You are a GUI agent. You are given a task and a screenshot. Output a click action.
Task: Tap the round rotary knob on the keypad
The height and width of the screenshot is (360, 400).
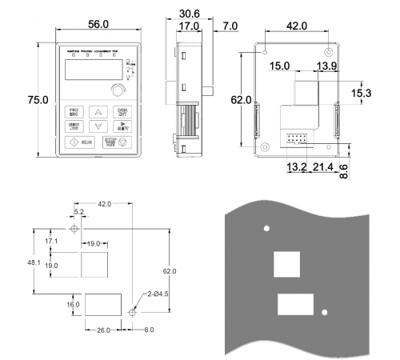pos(120,90)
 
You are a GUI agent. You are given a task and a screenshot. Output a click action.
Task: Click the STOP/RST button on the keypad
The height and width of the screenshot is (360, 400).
pos(122,143)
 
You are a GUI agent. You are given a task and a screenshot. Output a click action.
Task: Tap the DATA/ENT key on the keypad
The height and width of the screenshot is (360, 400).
pos(122,111)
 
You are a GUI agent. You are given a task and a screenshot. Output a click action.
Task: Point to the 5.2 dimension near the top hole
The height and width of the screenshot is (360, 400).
pos(78,211)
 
